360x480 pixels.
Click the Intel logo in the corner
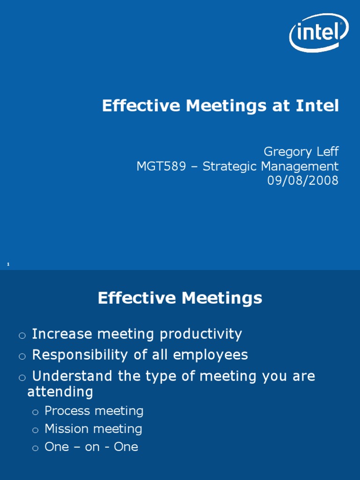pos(319,31)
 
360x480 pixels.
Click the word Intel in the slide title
pos(317,106)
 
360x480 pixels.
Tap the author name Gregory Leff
pos(300,151)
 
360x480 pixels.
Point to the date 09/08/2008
pos(302,180)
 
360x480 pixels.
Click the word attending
pos(60,391)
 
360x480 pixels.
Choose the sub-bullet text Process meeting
pos(94,411)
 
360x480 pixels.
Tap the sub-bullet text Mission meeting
pos(93,429)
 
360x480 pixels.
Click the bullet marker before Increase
pos(22,335)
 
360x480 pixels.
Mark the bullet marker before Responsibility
pos(22,356)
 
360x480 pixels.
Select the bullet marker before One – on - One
pos(35,448)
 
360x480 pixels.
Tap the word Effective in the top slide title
pos(141,106)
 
